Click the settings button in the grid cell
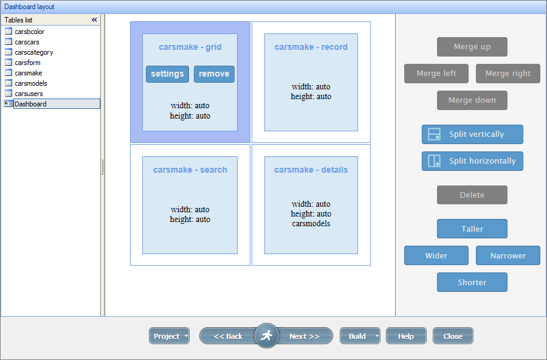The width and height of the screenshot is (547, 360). coord(167,74)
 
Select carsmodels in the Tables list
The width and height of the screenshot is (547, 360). coord(30,83)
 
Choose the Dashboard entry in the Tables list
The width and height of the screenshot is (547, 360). coord(30,104)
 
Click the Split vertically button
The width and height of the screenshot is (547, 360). coord(472,134)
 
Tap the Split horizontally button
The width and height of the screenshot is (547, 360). coord(472,161)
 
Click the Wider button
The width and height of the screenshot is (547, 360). coord(436,256)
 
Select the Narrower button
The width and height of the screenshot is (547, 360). coord(507,256)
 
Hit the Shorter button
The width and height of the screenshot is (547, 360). coord(472,283)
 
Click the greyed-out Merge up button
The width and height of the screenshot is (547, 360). coord(472,47)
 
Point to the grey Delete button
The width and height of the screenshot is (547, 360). coord(472,195)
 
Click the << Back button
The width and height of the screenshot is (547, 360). coord(228,336)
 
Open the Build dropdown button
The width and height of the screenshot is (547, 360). coord(377,336)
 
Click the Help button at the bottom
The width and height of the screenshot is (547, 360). coord(405,336)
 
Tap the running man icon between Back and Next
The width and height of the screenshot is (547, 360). coord(266,336)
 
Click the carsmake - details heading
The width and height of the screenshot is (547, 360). coord(311,170)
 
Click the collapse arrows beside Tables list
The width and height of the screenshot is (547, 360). coord(94,20)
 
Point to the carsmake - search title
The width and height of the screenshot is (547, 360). coord(190,170)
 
